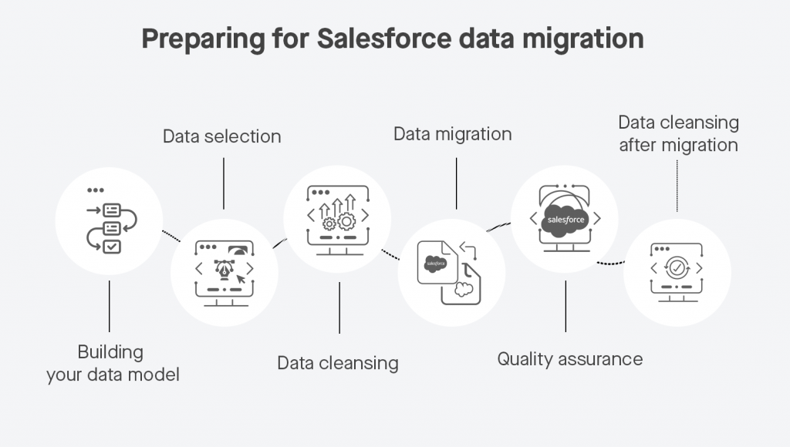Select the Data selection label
pos(221,137)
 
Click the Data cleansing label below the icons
pos(338,362)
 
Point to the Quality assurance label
pos(569,358)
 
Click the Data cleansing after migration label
pos(678,134)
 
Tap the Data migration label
pos(452,133)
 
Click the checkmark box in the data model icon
pos(112,247)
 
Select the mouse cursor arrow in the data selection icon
pos(245,277)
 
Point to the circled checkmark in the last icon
pos(677,268)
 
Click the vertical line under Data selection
pos(224,183)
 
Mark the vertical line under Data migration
pos(456,183)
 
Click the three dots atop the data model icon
pos(95,190)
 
